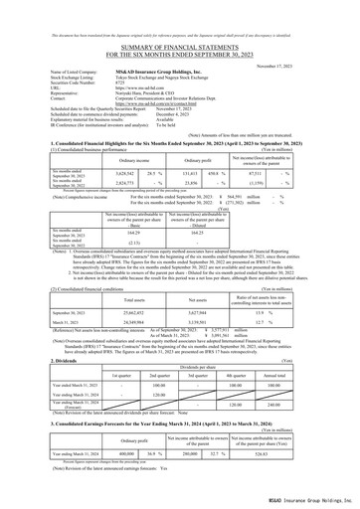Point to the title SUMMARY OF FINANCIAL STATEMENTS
tap(179, 26)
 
